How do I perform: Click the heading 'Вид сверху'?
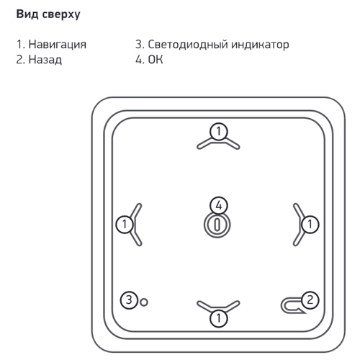(x=48, y=14)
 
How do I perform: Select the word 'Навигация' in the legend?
(x=58, y=45)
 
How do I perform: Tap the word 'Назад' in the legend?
(x=45, y=60)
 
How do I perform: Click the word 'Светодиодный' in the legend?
(x=187, y=45)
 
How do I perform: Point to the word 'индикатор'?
(x=260, y=45)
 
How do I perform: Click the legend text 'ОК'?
(x=156, y=59)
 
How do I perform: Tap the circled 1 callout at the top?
(x=218, y=132)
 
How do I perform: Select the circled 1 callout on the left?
(x=125, y=225)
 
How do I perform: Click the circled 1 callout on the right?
(x=310, y=225)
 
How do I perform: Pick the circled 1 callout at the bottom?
(x=218, y=318)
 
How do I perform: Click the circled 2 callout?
(x=310, y=300)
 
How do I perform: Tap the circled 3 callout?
(x=129, y=300)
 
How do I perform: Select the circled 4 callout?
(x=218, y=205)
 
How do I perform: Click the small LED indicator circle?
(x=144, y=302)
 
